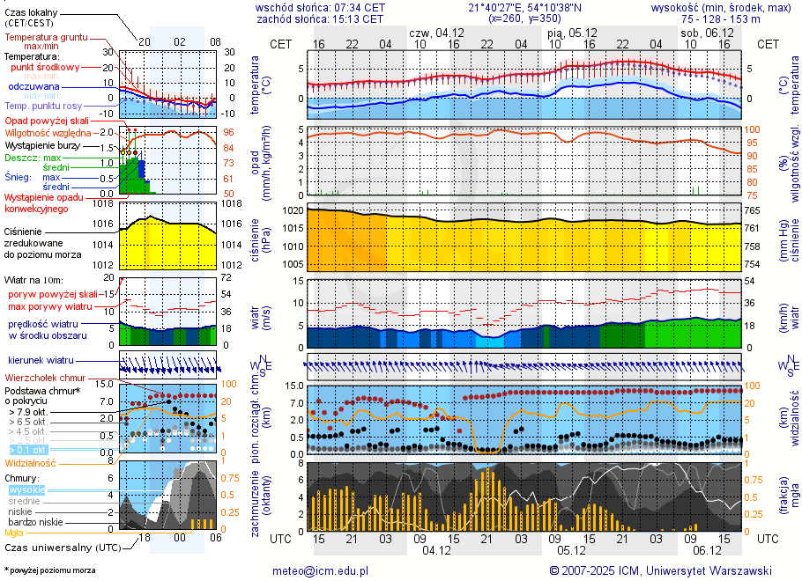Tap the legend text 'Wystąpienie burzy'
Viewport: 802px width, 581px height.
point(43,144)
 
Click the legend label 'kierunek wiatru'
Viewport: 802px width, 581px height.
point(41,361)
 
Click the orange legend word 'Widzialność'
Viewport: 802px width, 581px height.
point(31,462)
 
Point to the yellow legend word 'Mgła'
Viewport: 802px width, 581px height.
point(14,533)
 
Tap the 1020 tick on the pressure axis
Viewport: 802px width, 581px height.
point(293,211)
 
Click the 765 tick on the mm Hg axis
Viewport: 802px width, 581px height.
point(754,211)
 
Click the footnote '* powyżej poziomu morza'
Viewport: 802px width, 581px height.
point(49,570)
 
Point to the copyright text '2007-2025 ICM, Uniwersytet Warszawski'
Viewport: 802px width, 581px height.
point(666,570)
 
